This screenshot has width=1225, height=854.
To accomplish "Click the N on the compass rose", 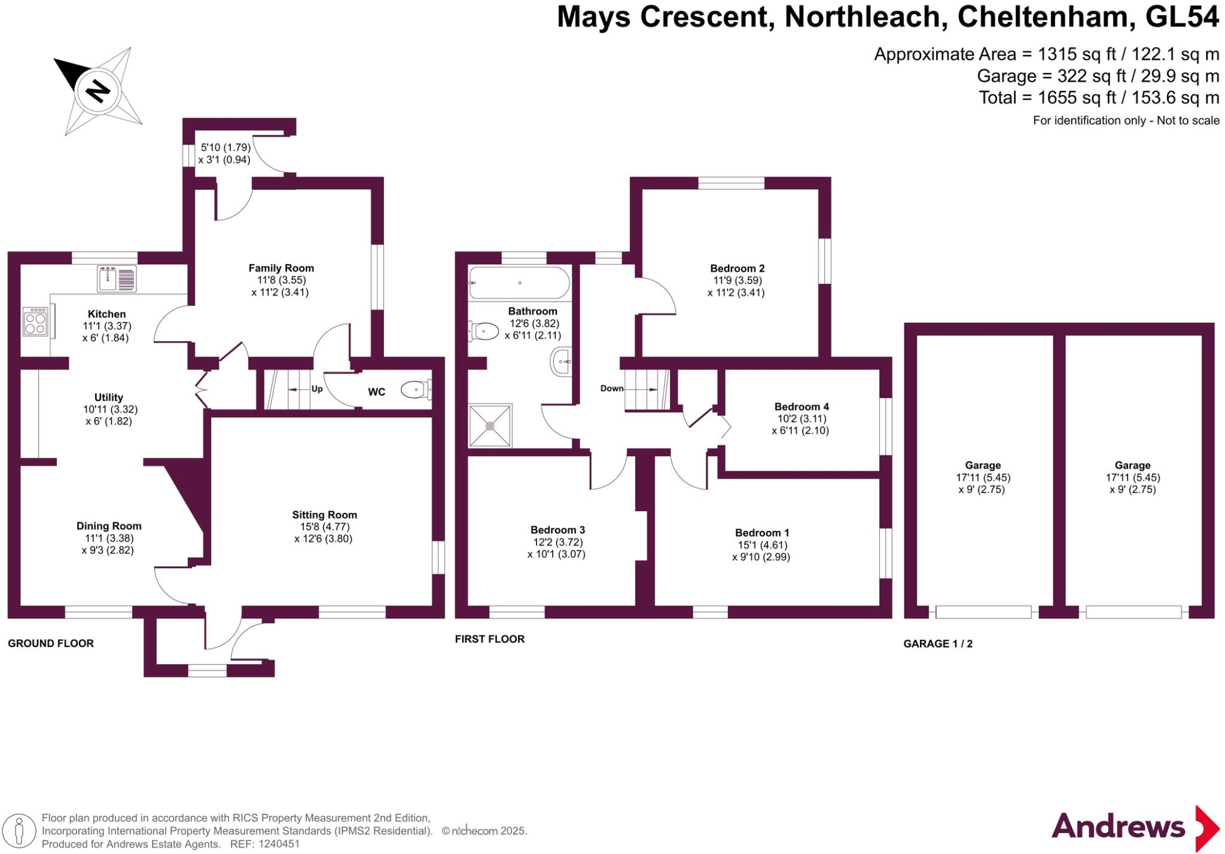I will click(x=97, y=92).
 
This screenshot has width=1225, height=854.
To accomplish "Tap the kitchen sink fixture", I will click(x=117, y=279).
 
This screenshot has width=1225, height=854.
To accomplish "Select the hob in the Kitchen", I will click(x=35, y=321).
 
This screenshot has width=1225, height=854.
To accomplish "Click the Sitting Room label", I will click(x=324, y=515).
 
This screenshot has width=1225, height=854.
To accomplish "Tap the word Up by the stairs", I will click(x=317, y=389).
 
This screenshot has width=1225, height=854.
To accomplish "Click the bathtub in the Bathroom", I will click(x=519, y=283).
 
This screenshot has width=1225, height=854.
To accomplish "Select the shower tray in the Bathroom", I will click(x=490, y=426).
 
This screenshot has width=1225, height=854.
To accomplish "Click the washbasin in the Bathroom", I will click(x=561, y=361).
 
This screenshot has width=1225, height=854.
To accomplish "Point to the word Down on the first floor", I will click(x=612, y=388).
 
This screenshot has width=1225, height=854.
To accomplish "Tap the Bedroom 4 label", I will click(x=801, y=406).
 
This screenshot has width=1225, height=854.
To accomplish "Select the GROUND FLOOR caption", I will click(x=51, y=643).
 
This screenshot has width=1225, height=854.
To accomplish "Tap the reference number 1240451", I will click(x=279, y=844).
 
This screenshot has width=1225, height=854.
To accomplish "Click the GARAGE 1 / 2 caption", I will click(x=938, y=644).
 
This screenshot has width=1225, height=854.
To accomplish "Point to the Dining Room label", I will click(x=109, y=526).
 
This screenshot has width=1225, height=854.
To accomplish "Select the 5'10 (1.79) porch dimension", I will click(x=225, y=147).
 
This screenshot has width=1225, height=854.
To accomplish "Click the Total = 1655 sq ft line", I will click(x=1098, y=98).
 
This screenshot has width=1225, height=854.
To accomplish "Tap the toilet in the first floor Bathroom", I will click(x=484, y=331).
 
